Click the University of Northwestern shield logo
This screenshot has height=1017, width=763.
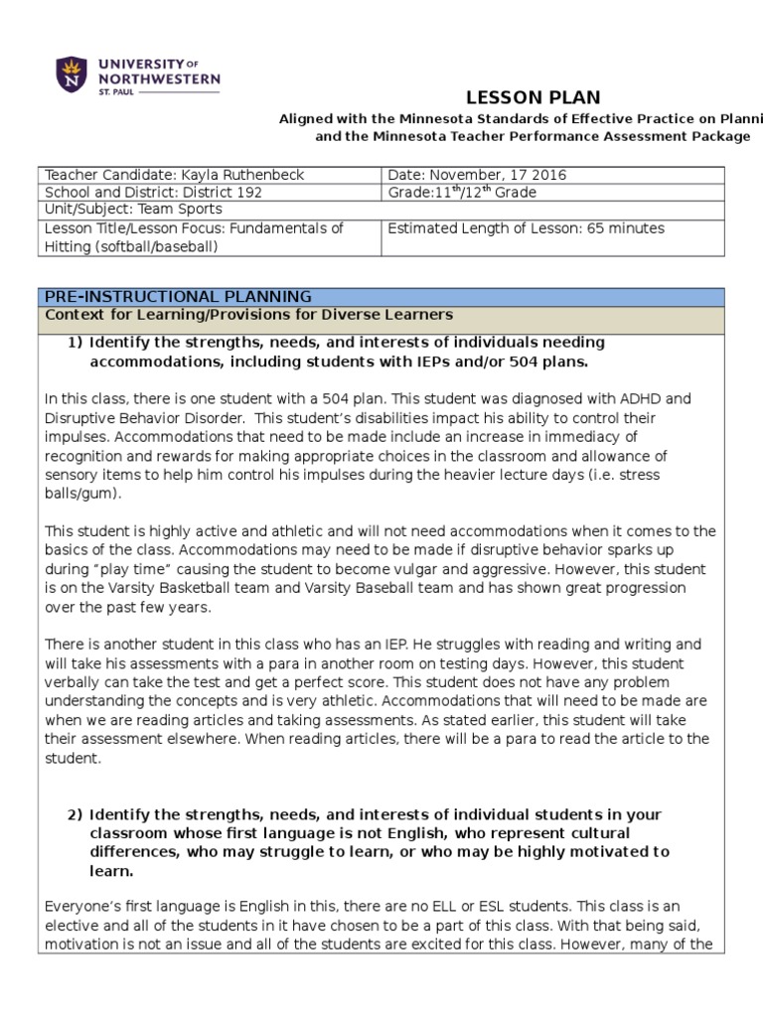point(72,73)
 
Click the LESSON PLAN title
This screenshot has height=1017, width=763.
point(534,96)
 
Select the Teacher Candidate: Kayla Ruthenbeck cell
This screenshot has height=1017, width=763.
point(175,175)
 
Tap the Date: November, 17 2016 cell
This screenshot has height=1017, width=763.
point(477,175)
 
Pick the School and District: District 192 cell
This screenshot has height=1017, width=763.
point(154,193)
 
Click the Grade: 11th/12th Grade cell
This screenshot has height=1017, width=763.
point(462,192)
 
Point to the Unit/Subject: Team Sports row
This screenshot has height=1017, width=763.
point(134,210)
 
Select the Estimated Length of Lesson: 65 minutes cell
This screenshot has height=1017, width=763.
point(526,228)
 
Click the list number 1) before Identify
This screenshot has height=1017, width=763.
point(76,343)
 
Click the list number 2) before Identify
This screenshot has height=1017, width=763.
point(76,814)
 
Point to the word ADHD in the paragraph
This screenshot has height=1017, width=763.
point(666,399)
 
